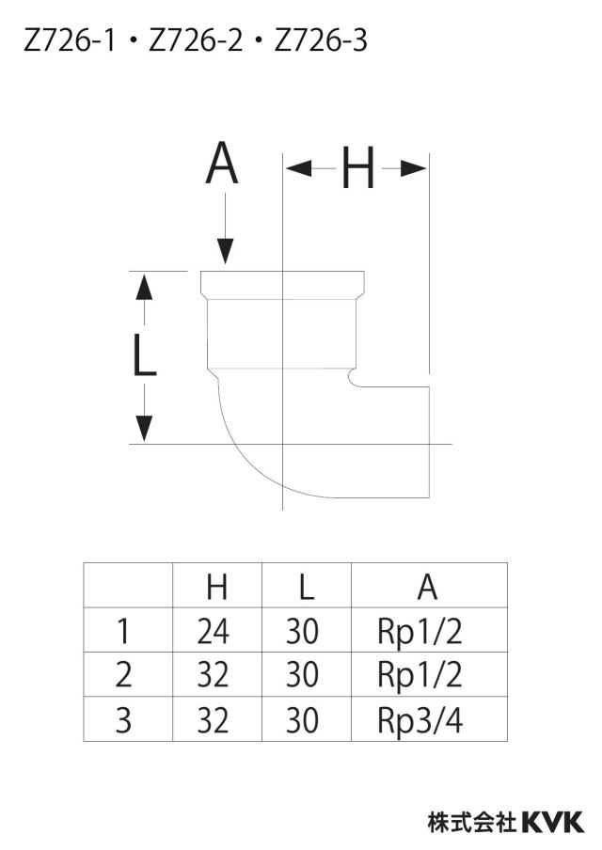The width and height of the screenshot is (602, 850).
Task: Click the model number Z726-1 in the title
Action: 70,41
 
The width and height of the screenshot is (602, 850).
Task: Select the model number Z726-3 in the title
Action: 321,41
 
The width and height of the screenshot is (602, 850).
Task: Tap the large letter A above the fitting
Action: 222,164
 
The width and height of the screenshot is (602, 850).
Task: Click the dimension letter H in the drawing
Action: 358,168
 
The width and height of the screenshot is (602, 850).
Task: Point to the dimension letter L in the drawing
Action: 144,354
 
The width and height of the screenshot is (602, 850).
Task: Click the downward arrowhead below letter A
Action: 226,252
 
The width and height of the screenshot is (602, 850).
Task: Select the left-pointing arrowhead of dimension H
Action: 299,168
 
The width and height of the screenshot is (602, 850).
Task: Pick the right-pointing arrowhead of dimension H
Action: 414,168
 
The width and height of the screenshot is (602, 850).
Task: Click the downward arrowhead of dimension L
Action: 144,428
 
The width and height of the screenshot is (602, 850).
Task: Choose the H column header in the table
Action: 217,586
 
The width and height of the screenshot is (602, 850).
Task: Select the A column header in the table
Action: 427,586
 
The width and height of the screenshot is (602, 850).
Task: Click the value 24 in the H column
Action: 214,632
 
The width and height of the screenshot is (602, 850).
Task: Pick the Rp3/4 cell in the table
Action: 420,721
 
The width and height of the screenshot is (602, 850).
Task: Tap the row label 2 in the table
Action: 123,675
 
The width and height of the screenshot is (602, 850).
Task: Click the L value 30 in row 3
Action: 302,721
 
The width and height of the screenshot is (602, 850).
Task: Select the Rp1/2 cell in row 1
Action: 420,632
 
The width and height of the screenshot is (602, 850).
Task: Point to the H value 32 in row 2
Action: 214,676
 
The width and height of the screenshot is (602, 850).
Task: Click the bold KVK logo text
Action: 553,822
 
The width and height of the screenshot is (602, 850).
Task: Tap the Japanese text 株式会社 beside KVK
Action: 471,822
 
